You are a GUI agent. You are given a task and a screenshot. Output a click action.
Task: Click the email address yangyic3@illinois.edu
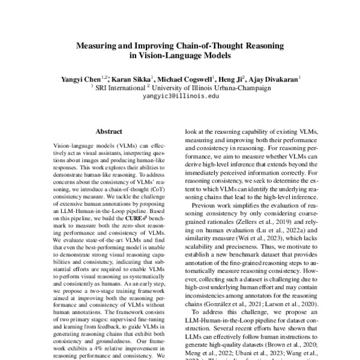[179, 95]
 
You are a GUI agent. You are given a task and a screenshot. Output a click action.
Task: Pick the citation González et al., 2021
[229, 305]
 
